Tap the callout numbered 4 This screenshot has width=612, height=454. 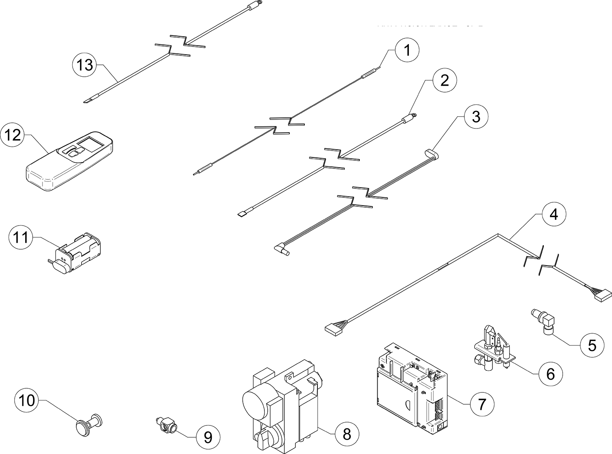554,215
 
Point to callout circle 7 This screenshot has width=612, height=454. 482,403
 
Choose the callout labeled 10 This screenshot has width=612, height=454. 27,401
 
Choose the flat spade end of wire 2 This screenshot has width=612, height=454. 241,213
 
